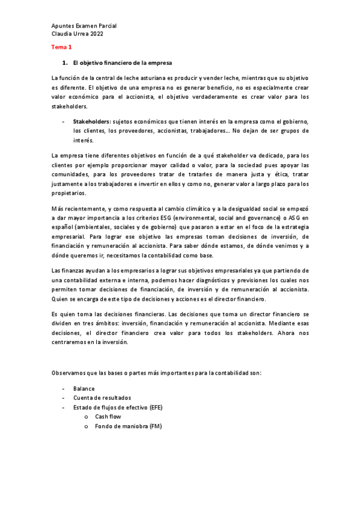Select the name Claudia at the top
click(x=63, y=34)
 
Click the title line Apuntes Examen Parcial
click(x=84, y=26)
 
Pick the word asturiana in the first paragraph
click(x=155, y=80)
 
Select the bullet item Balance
click(x=84, y=389)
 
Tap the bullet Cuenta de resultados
click(x=102, y=398)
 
